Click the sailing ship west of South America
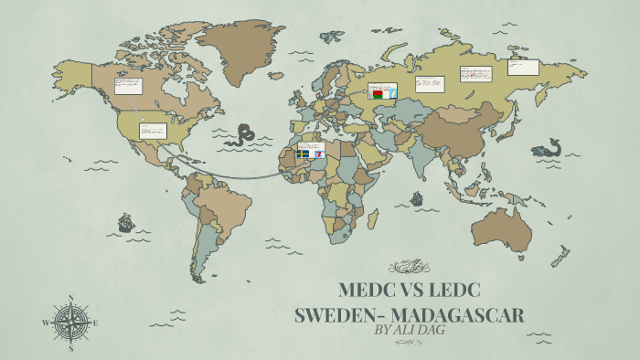coord(125,222)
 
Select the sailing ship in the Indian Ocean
coord(417,197)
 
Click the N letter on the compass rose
coord(70,298)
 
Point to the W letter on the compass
coord(46,323)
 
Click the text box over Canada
coord(127,87)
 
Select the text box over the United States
coord(153,131)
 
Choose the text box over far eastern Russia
coord(523,67)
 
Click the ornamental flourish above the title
coord(409,268)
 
